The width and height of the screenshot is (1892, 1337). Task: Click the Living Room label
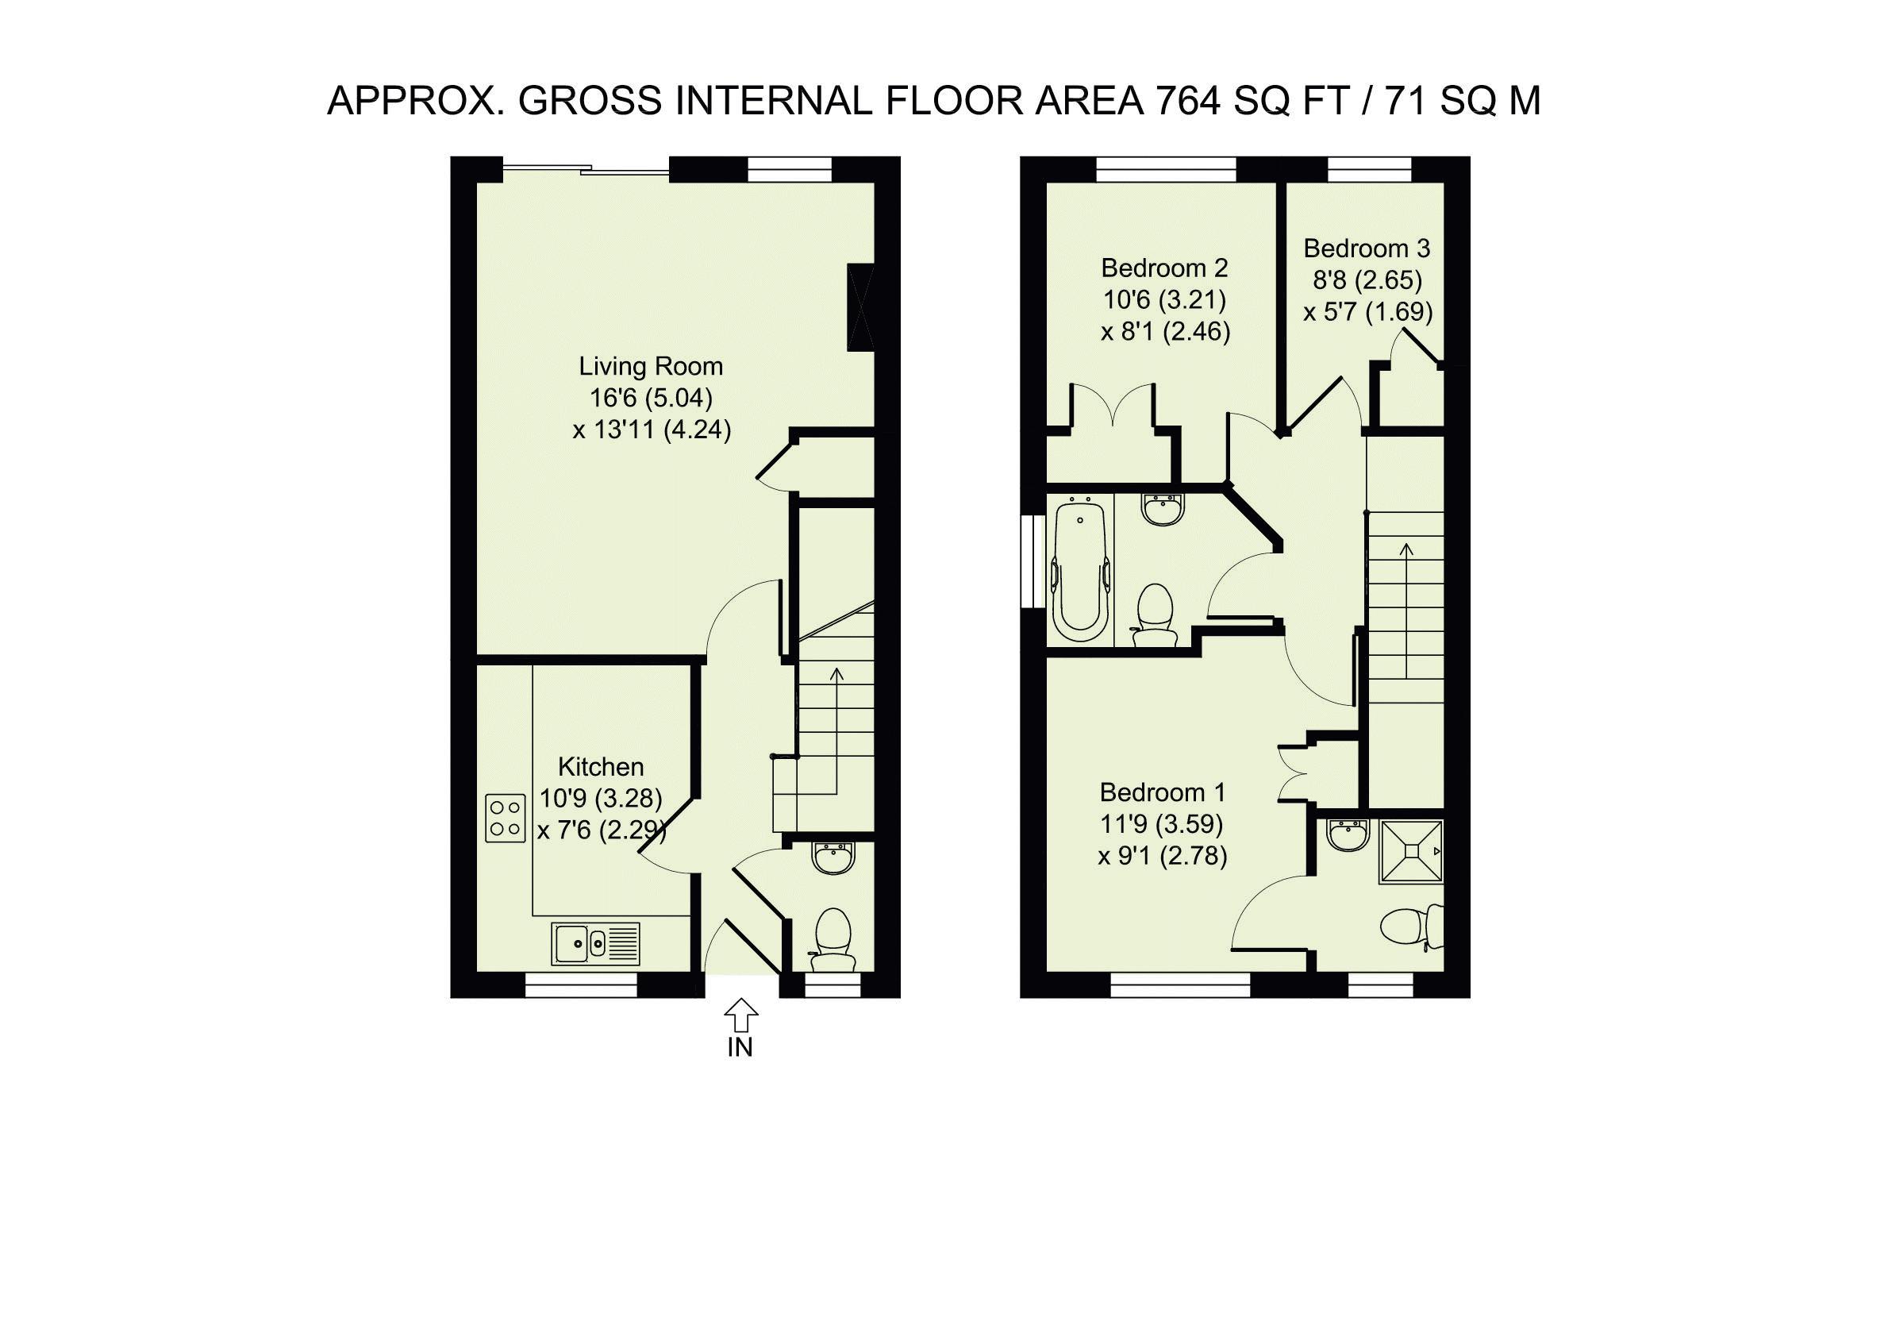[x=651, y=366]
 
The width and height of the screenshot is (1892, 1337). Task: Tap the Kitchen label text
[x=601, y=767]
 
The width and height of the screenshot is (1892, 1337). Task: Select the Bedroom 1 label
[x=1163, y=792]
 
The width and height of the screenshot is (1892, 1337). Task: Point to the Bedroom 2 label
[x=1164, y=268]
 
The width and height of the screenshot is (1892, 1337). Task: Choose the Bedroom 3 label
[x=1367, y=249]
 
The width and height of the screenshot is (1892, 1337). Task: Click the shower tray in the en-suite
[x=1412, y=851]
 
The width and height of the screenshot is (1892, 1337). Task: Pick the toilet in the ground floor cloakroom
[x=833, y=940]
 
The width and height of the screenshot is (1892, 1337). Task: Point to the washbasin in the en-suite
[x=1348, y=834]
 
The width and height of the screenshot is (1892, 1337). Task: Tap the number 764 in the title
[x=1188, y=101]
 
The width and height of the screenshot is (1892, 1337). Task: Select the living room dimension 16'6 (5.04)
[x=651, y=398]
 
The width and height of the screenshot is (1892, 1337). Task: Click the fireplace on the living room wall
[x=861, y=307]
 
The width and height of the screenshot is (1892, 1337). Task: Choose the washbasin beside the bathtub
[x=1163, y=509]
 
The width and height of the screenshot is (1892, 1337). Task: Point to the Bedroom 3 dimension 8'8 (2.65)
[x=1368, y=280]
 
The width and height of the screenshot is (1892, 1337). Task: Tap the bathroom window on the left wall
[x=1029, y=562]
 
